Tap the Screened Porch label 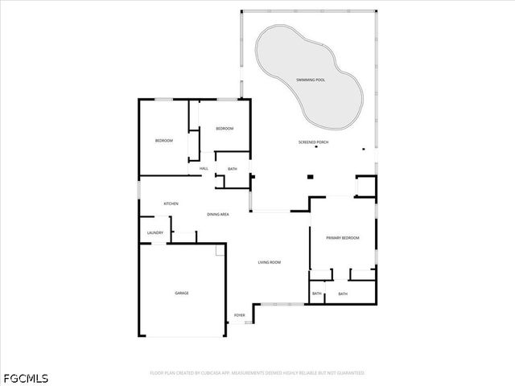[x=313, y=142]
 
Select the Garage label [x=182, y=293]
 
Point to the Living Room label [x=269, y=262]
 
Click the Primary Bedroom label [x=342, y=238]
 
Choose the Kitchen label [x=171, y=203]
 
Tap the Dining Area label [x=218, y=215]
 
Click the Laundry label [x=155, y=233]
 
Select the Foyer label [x=240, y=314]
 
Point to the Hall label [x=204, y=168]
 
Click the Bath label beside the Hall [x=233, y=169]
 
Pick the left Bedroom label [x=164, y=141]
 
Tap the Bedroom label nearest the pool [x=225, y=129]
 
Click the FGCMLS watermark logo [x=26, y=376]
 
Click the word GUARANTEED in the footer [x=348, y=373]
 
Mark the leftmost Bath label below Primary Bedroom [x=317, y=294]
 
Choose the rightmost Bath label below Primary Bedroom [x=343, y=294]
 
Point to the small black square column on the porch [x=310, y=178]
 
